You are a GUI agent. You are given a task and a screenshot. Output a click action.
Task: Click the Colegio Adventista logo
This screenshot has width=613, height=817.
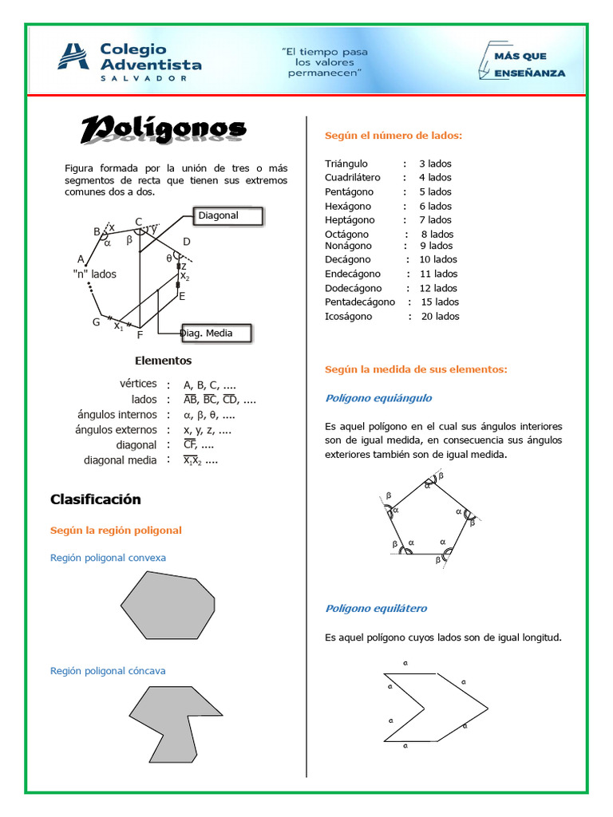(128, 61)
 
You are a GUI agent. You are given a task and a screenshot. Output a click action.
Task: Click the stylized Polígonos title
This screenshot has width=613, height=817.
(164, 130)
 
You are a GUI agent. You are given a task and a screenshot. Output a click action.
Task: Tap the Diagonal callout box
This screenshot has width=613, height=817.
(227, 216)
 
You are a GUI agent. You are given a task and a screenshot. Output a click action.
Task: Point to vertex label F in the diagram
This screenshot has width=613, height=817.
(140, 335)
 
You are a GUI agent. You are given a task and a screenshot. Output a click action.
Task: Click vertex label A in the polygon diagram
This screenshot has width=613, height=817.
(81, 259)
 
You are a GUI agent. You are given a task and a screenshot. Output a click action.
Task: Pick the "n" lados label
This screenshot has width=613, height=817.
(94, 274)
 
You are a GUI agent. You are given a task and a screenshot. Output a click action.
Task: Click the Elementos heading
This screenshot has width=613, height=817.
(163, 361)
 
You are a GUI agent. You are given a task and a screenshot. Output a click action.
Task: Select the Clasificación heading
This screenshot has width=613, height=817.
(95, 499)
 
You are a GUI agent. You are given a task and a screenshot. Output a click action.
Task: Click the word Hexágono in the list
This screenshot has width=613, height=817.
(350, 206)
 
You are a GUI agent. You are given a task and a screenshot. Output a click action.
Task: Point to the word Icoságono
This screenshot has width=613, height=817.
(348, 316)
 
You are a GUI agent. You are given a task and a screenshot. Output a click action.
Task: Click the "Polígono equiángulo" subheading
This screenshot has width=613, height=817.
(378, 398)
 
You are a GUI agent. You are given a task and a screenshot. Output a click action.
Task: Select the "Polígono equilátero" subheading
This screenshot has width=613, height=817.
(376, 609)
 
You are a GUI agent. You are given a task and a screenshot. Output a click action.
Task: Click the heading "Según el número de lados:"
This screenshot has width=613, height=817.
(394, 136)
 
